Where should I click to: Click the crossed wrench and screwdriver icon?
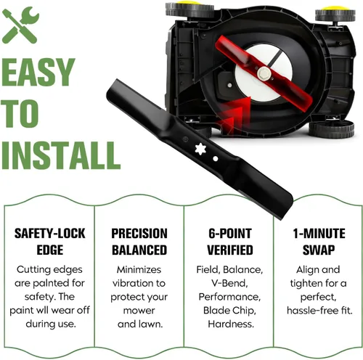[x=20, y=25]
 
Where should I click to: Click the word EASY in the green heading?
[x=37, y=72]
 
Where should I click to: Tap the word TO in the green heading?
[x=20, y=113]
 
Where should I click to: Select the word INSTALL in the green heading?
[x=61, y=155]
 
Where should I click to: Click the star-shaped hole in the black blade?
[x=200, y=150]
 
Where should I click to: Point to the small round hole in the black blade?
[x=215, y=159]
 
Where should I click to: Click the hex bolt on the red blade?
[x=263, y=72]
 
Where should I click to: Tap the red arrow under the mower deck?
[x=234, y=115]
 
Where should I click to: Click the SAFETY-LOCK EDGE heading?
[x=50, y=242]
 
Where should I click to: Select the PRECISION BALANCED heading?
[x=139, y=242]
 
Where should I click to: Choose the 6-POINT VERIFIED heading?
[x=230, y=242]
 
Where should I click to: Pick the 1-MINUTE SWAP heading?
[x=319, y=242]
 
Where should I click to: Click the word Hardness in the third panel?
[x=231, y=324]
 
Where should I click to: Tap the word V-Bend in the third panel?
[x=229, y=283]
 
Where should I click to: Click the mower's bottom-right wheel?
[x=332, y=128]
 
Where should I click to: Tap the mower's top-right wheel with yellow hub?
[x=336, y=14]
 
